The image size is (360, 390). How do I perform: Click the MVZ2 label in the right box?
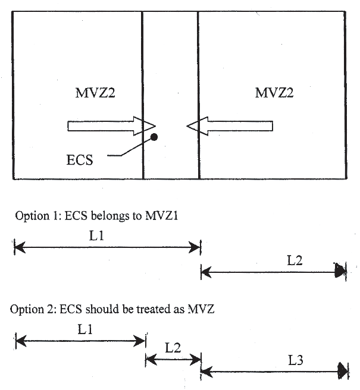click(274, 93)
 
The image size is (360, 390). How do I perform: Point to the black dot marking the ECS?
click(154, 137)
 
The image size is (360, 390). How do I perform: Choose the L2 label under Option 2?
click(173, 348)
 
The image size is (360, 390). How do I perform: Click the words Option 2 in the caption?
click(30, 310)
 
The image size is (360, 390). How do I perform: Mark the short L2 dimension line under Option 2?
click(173, 359)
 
